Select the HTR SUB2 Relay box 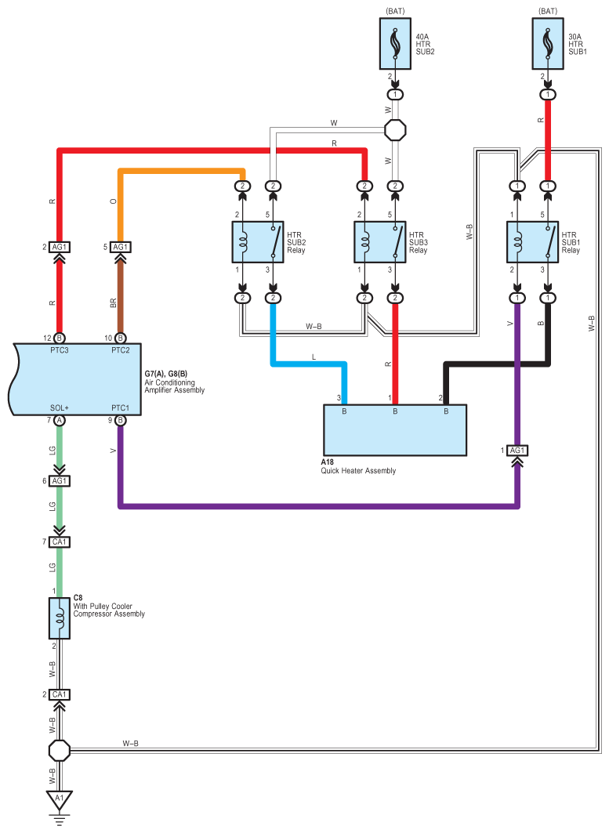click(x=258, y=241)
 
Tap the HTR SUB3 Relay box click(x=380, y=241)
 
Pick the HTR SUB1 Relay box click(x=532, y=241)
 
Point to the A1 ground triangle click(x=56, y=799)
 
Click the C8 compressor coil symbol click(x=60, y=618)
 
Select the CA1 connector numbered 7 click(x=60, y=542)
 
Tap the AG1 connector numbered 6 click(x=60, y=481)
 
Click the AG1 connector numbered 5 click(x=120, y=248)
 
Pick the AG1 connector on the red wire click(x=60, y=248)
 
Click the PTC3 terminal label click(x=59, y=349)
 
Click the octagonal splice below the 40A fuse click(x=396, y=129)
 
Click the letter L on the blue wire click(x=313, y=357)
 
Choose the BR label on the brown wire click(x=114, y=302)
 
